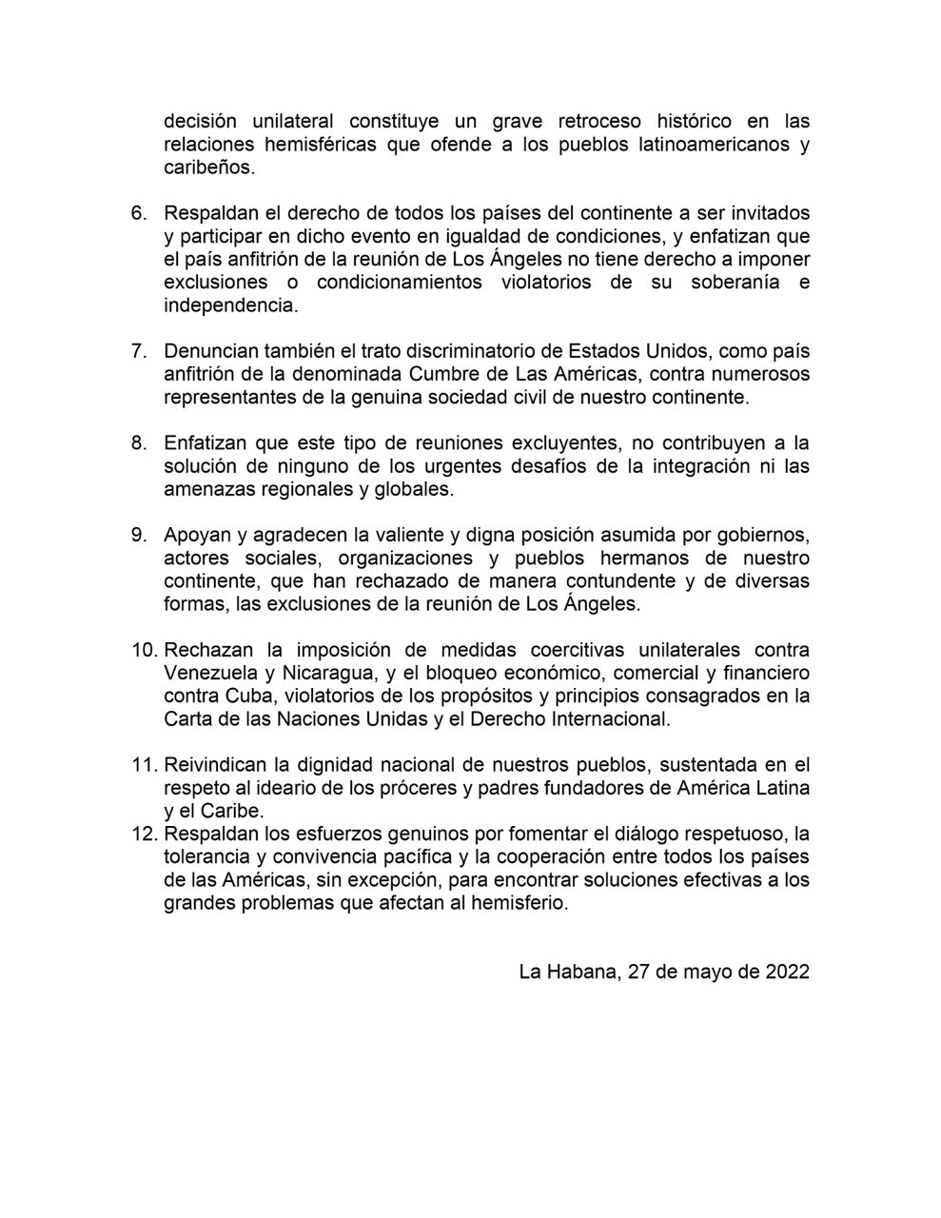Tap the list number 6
coord(138,213)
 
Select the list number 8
coord(138,443)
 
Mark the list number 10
coord(143,650)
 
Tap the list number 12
coord(143,835)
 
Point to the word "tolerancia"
coord(206,857)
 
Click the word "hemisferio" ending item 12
coord(521,904)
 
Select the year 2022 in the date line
coord(787,972)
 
